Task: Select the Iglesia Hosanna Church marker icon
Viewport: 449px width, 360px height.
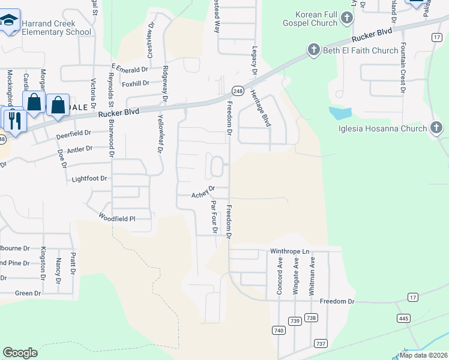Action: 436,128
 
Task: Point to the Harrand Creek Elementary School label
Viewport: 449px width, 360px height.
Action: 56,28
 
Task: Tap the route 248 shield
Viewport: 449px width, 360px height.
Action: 238,91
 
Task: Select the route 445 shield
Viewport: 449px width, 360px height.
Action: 403,317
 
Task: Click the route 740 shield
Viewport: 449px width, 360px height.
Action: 278,330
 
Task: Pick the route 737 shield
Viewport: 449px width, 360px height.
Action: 321,343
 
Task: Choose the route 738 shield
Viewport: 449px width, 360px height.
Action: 311,317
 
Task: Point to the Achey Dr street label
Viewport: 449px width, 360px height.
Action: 203,194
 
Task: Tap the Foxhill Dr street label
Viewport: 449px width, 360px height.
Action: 134,83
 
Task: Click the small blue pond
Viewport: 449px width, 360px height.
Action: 340,112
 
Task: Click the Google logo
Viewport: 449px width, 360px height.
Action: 20,353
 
